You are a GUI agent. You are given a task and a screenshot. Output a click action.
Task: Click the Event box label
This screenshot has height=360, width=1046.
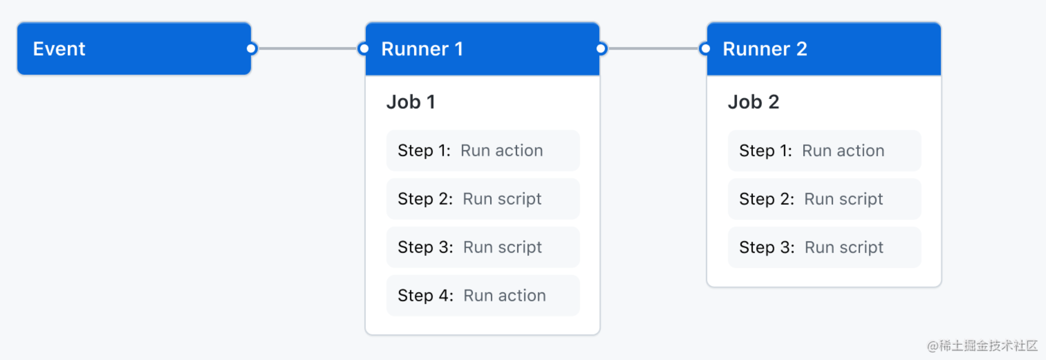point(59,49)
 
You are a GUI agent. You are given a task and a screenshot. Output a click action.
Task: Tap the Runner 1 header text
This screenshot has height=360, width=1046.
point(422,49)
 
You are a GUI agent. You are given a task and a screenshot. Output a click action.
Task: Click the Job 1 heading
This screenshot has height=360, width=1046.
point(410,102)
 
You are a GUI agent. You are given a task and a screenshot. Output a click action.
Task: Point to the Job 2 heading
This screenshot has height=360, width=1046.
point(753,102)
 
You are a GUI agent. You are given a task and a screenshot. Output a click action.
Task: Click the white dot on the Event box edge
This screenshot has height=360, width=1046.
point(251,49)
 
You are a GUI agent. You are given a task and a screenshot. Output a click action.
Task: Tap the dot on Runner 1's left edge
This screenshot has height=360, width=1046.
point(364,49)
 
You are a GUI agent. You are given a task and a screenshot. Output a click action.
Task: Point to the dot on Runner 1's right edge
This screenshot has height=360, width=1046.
point(601,49)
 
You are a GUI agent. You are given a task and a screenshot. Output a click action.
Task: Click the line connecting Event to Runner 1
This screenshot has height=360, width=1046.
point(307,49)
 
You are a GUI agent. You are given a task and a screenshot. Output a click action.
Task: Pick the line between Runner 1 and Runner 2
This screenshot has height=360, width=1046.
point(653,49)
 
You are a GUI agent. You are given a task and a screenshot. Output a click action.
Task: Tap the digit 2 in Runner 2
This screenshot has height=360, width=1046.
point(801,49)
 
